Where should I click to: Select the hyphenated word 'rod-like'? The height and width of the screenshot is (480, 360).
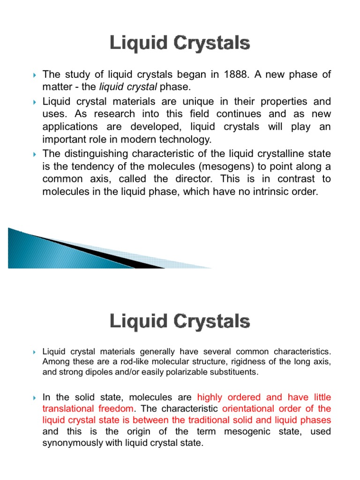138,361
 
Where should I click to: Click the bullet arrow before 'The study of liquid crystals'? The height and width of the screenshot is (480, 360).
35,75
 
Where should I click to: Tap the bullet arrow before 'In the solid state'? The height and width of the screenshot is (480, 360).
35,398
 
